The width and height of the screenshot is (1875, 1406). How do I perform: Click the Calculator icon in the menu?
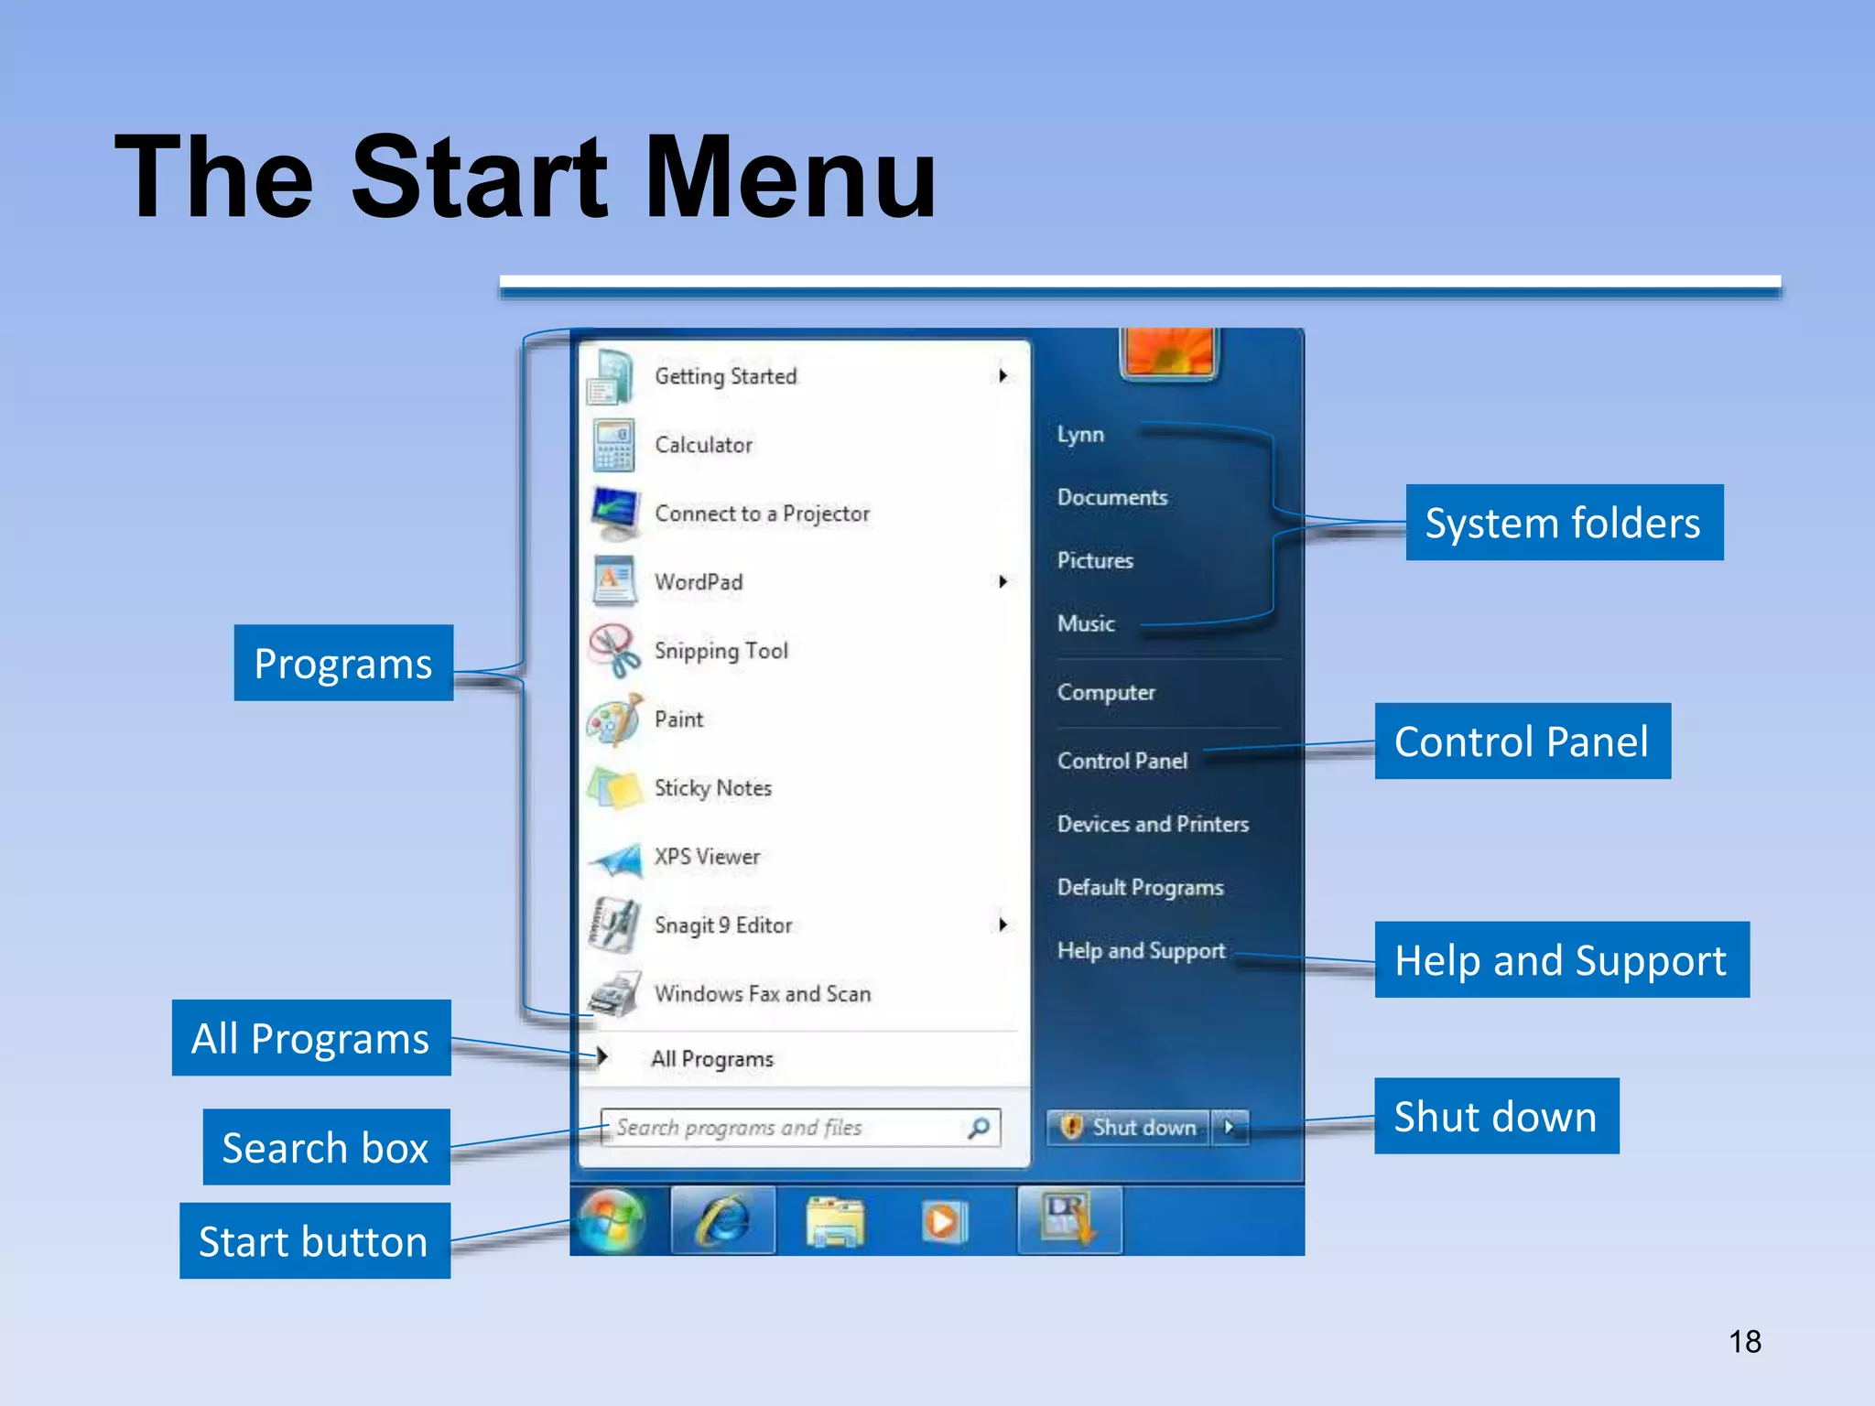612,445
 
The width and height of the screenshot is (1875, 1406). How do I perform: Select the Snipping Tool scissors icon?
613,651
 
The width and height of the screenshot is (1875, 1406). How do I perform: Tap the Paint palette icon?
613,719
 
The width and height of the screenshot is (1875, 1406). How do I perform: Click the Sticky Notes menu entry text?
712,788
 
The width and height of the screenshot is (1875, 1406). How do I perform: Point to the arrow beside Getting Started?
1003,375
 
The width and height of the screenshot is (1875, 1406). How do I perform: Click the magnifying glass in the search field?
979,1128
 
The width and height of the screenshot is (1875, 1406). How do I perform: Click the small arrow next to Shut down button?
1229,1128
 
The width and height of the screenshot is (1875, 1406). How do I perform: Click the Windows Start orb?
611,1221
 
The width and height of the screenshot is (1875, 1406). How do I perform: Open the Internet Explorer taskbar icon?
723,1221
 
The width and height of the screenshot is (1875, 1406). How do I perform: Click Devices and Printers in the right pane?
1153,824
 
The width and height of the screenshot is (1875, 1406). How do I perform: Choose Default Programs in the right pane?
1140,887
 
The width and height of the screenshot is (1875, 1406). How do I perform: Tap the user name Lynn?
1080,434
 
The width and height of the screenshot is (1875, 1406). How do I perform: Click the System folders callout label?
1564,523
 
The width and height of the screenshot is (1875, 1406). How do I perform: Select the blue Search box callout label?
326,1147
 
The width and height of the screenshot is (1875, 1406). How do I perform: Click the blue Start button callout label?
314,1241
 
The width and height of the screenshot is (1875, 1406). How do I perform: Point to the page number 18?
1744,1342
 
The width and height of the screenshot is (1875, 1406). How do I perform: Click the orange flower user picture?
1169,351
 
